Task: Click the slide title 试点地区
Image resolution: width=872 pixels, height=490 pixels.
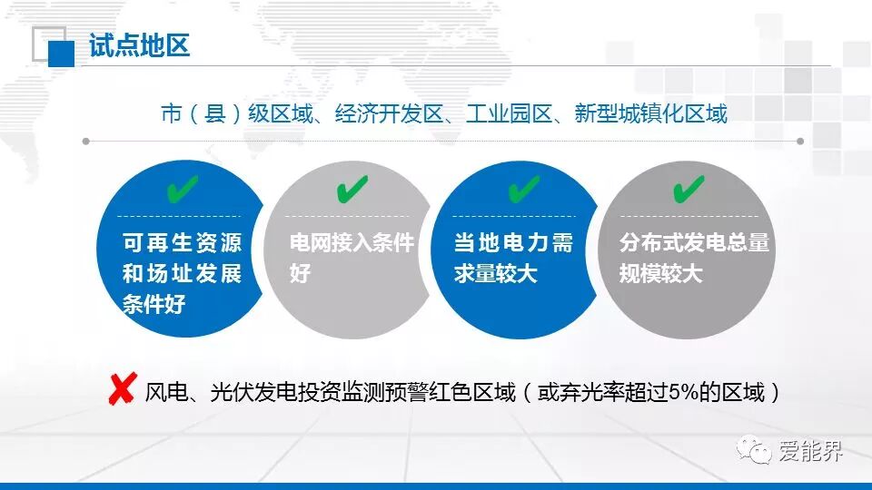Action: click(140, 45)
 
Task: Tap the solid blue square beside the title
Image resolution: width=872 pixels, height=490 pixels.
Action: click(61, 54)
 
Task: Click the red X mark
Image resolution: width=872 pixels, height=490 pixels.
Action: click(123, 389)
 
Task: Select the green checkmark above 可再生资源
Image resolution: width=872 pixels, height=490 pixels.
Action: click(183, 189)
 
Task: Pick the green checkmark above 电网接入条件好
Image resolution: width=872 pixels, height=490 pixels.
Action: click(352, 189)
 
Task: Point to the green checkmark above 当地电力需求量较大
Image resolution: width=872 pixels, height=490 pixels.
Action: click(524, 189)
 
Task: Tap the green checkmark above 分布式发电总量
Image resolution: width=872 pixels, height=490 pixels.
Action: click(689, 189)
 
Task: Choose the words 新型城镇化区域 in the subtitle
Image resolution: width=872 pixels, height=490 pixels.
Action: click(650, 114)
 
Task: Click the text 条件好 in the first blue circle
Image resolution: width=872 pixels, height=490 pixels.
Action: click(154, 304)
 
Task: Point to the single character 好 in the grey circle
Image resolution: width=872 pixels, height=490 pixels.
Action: click(300, 273)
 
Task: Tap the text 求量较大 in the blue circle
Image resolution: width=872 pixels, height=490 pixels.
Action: click(496, 273)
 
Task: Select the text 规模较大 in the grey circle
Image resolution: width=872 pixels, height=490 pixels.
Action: click(661, 273)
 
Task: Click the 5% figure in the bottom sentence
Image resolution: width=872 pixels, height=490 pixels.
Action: click(683, 392)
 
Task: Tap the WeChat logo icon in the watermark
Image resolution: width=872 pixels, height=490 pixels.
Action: click(754, 449)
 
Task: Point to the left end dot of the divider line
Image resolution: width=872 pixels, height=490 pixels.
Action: click(85, 142)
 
